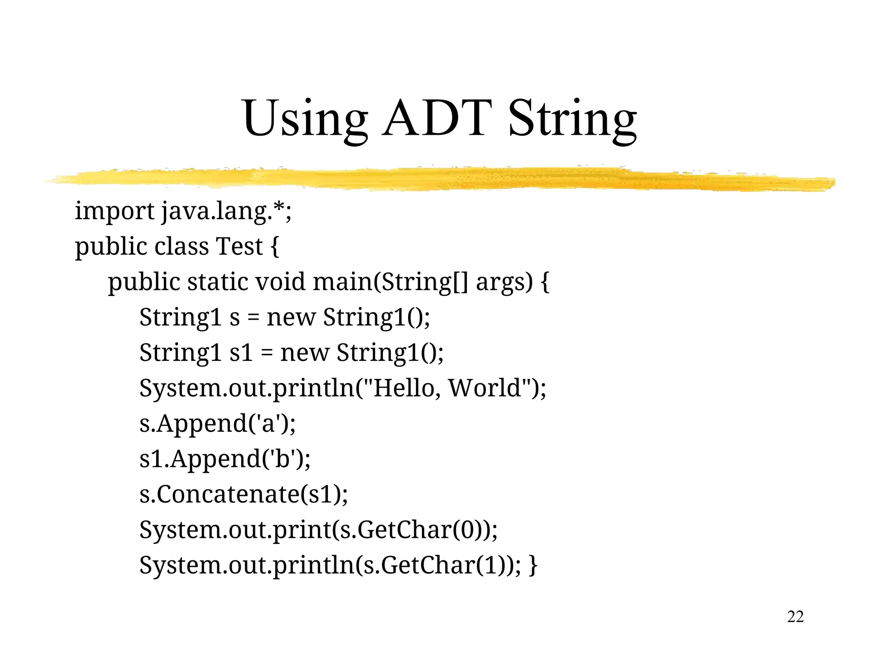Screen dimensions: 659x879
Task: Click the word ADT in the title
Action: click(x=437, y=118)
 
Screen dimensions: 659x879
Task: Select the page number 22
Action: click(x=795, y=617)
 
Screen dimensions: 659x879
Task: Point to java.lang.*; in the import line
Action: click(x=226, y=212)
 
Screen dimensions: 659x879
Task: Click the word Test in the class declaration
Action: click(x=239, y=247)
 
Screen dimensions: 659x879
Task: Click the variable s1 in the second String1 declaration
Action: click(x=241, y=353)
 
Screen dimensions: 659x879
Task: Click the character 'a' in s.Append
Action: click(x=268, y=423)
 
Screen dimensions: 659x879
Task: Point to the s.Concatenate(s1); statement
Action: click(x=243, y=494)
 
